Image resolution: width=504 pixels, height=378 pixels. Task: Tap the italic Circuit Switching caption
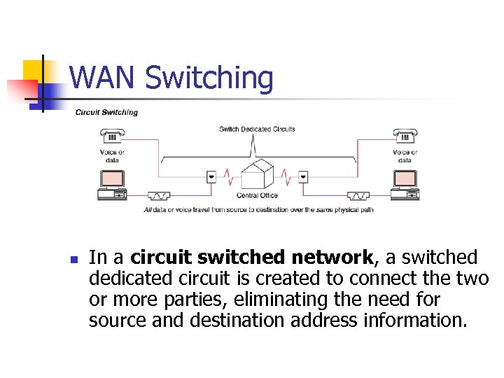[106, 112]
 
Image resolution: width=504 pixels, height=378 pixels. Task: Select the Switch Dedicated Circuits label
[257, 129]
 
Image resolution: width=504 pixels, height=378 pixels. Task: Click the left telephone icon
[112, 137]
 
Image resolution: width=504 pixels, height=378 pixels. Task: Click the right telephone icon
[405, 136]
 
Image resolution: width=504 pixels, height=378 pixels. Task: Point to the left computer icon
[112, 184]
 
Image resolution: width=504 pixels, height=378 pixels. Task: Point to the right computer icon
[405, 184]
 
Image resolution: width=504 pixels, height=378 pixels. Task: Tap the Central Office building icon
[256, 174]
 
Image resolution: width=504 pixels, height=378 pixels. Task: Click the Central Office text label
[257, 195]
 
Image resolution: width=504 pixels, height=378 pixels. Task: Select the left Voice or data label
[112, 156]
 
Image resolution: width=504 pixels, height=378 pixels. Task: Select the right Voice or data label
[405, 156]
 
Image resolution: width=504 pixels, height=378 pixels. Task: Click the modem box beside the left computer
[158, 195]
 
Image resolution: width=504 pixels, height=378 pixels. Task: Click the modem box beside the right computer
[359, 195]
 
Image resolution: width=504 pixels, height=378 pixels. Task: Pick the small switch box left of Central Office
[211, 176]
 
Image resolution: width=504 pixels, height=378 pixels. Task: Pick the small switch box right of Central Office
[302, 176]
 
